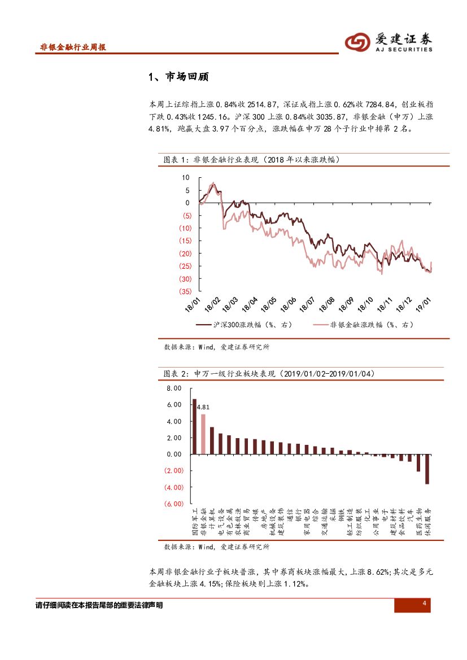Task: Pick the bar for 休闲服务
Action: [x=427, y=469]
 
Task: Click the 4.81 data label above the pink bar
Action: [x=203, y=407]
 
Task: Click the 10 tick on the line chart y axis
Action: [x=186, y=177]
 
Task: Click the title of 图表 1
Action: [x=251, y=160]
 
